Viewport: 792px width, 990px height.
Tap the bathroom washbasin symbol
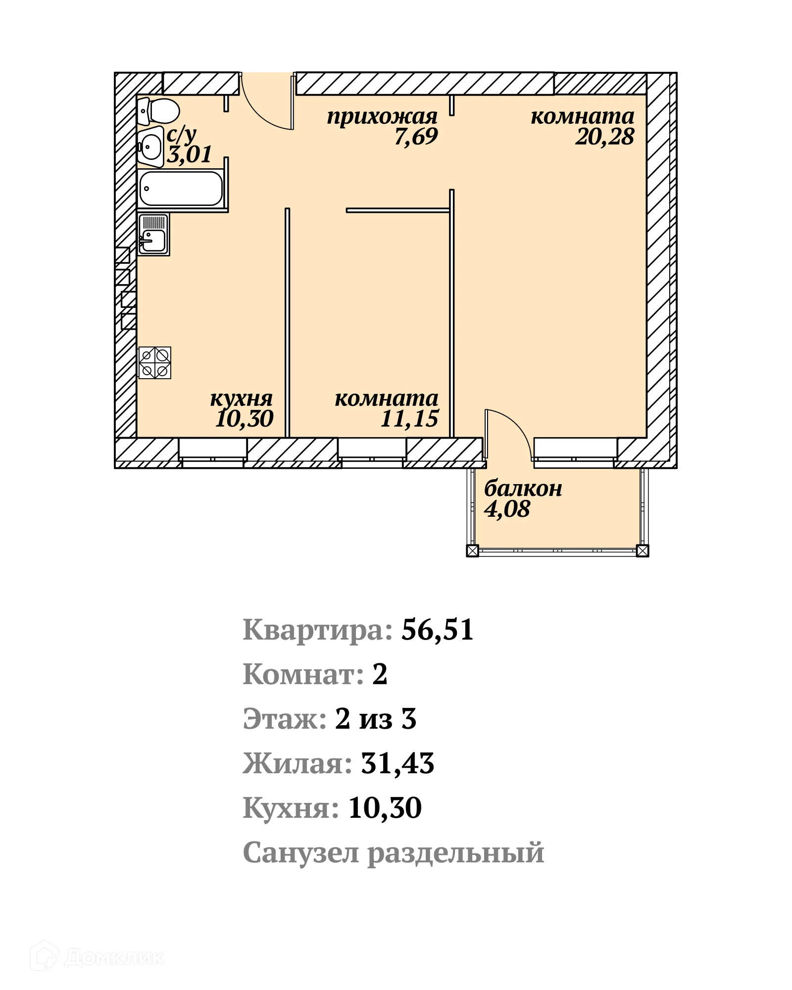[150, 146]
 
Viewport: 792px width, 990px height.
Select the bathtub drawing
[181, 188]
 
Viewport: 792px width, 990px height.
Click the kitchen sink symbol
[153, 234]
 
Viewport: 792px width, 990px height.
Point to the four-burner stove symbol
[155, 362]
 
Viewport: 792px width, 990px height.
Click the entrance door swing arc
[265, 106]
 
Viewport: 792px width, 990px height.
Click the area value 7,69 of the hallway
[416, 137]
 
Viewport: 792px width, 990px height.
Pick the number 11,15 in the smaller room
[409, 419]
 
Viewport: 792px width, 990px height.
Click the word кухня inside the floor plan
[241, 398]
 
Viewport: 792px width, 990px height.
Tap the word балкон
[523, 489]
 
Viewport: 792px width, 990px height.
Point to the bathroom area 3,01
[189, 154]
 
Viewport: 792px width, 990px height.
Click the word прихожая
[382, 117]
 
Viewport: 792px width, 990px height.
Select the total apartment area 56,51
[437, 630]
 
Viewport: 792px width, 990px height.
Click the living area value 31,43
[397, 763]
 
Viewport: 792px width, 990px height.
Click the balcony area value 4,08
[507, 509]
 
